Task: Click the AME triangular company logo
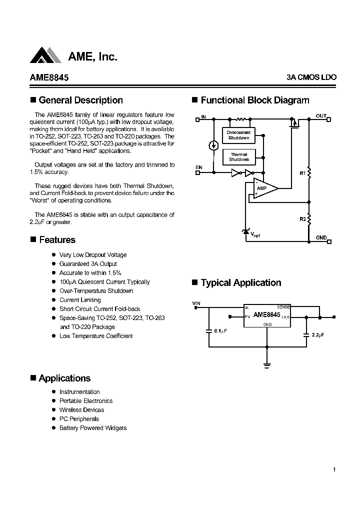(x=45, y=55)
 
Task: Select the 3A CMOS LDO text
(x=311, y=77)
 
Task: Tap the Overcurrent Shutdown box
(x=238, y=135)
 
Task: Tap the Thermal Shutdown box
(x=238, y=157)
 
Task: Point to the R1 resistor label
(x=302, y=173)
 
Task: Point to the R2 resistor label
(x=302, y=219)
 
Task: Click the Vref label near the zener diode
(x=255, y=234)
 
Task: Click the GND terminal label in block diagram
(x=321, y=237)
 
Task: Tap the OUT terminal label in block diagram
(x=320, y=116)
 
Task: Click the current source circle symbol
(x=213, y=145)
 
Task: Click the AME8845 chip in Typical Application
(x=266, y=316)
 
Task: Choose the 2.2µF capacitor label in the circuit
(x=318, y=335)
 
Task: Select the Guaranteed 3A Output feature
(x=88, y=264)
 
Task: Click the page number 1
(x=334, y=469)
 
